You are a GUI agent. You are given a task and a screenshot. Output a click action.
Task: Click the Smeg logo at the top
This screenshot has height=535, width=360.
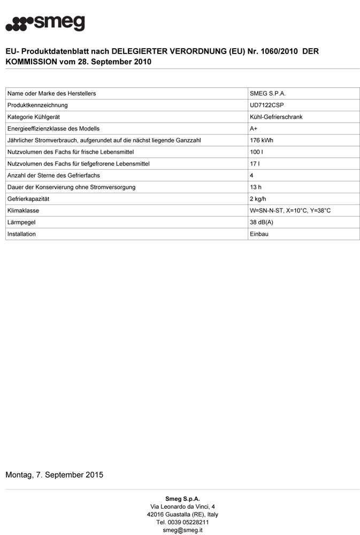(45, 24)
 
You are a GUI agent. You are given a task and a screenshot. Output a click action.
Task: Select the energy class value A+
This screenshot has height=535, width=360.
(254, 128)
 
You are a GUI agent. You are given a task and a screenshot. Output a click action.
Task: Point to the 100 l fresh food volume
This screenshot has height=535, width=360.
(257, 152)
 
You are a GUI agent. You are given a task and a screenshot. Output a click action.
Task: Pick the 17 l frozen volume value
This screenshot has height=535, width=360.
(255, 164)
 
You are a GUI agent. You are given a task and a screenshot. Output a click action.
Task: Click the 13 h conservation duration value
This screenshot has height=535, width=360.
(256, 187)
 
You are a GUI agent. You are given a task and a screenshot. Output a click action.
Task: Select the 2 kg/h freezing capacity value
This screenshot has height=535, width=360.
(259, 199)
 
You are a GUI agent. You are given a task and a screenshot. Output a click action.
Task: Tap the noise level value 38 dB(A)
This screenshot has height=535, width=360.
(262, 222)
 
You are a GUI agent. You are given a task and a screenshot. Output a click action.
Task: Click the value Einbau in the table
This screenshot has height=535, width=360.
(259, 234)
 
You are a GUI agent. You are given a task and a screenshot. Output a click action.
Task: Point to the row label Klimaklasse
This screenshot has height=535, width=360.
(23, 211)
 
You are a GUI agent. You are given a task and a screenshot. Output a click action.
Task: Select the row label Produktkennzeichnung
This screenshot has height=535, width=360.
(37, 105)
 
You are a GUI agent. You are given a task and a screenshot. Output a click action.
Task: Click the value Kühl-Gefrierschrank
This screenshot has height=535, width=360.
(276, 117)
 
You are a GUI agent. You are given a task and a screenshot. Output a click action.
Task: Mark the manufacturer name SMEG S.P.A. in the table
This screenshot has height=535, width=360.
(267, 94)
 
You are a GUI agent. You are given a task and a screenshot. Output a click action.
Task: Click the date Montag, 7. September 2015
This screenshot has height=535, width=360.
(54, 475)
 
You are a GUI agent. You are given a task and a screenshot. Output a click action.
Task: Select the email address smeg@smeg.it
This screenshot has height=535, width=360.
(182, 530)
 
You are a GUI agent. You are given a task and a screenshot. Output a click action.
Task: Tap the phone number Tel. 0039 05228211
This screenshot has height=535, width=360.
(182, 522)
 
